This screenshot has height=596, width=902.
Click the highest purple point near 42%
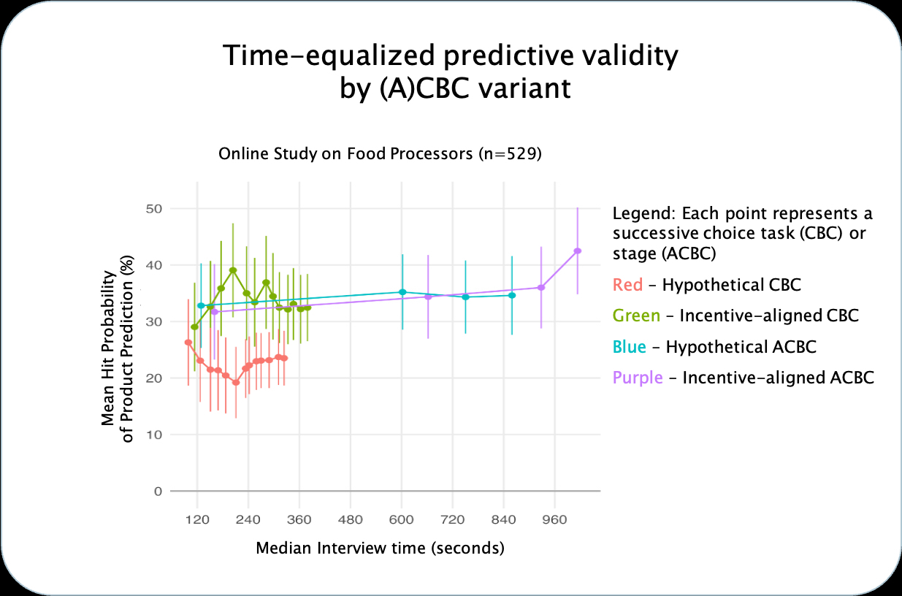[x=577, y=251]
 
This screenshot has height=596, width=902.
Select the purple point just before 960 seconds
[x=540, y=288]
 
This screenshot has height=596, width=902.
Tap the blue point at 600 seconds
[x=402, y=292]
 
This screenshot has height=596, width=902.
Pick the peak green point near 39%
[x=233, y=270]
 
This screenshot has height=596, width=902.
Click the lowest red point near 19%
[x=236, y=383]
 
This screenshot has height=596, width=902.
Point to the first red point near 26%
[x=188, y=343]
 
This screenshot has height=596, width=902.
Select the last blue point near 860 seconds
[x=512, y=295]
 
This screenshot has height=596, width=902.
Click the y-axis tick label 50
[x=154, y=209]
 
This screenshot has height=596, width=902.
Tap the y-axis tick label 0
[x=158, y=492]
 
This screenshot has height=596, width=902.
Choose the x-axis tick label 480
[x=351, y=519]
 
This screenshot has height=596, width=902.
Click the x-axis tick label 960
[x=554, y=519]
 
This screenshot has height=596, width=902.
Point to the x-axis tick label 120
[x=197, y=519]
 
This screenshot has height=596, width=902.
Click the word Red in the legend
[x=627, y=285]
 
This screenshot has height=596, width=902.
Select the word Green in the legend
[x=636, y=316]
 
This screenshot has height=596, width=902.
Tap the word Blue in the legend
[x=629, y=347]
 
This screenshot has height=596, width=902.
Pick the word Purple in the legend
[x=638, y=378]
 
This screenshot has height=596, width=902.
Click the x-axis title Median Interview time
[x=340, y=548]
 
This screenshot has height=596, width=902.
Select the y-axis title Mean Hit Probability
[x=108, y=348]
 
